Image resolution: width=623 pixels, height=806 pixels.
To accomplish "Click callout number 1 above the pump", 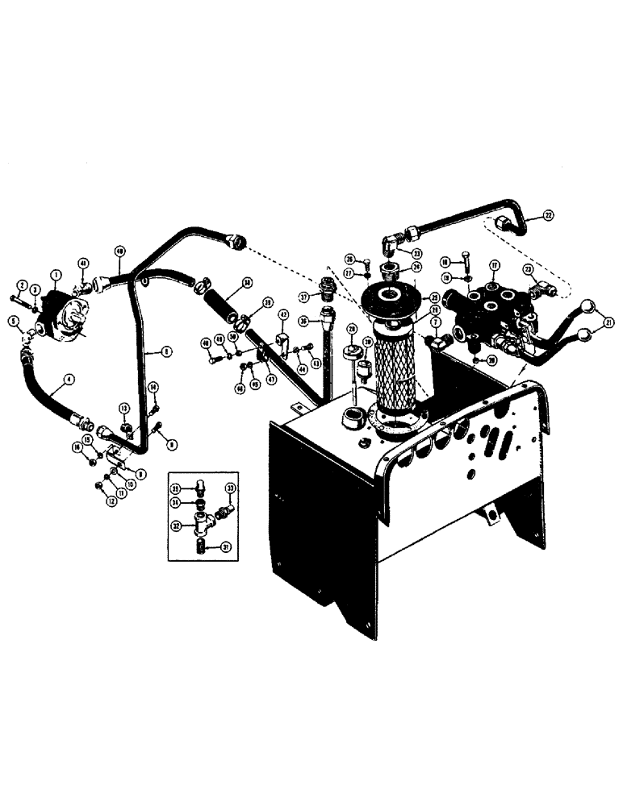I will [56, 275].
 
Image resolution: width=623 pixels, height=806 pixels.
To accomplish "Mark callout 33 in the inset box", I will [231, 488].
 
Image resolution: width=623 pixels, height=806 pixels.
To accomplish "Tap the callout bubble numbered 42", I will [284, 315].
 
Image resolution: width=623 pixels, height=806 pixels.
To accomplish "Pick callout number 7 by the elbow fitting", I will [436, 322].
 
